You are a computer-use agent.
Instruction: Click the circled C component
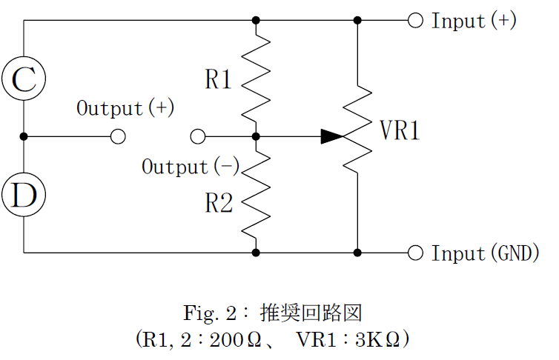click(x=24, y=79)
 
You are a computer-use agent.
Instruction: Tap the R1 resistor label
click(x=219, y=79)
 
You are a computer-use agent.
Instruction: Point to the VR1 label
click(x=400, y=131)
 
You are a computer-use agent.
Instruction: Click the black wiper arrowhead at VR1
click(x=332, y=136)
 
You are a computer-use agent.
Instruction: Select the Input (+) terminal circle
click(x=415, y=20)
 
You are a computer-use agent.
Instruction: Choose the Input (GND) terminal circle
click(x=415, y=253)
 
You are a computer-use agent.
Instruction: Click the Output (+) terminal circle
click(x=117, y=136)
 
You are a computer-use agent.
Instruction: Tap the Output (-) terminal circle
click(x=197, y=136)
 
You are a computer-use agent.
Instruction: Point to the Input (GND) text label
click(x=486, y=253)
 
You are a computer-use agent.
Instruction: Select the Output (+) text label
click(x=125, y=108)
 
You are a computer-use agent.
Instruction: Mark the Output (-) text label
click(x=191, y=167)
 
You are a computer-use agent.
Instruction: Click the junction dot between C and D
click(x=24, y=136)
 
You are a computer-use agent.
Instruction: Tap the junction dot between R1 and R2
click(x=256, y=136)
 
